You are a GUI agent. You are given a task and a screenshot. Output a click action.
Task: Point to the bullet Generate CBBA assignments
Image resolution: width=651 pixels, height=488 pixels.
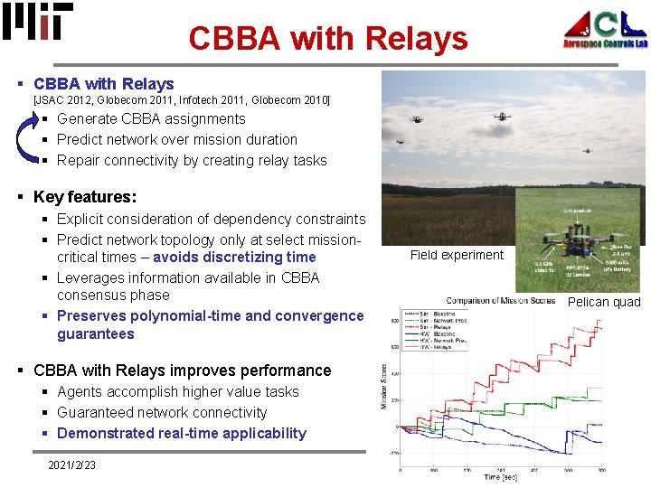(x=150, y=118)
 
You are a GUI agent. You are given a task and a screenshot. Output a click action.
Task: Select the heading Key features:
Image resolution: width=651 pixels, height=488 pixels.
(x=85, y=196)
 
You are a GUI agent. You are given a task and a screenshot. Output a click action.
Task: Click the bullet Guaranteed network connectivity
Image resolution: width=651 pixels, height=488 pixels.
(x=162, y=412)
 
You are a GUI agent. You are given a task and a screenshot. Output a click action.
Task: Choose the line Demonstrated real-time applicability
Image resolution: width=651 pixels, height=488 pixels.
(x=181, y=433)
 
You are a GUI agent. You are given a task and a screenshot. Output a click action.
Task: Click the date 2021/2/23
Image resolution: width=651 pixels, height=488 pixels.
(x=71, y=465)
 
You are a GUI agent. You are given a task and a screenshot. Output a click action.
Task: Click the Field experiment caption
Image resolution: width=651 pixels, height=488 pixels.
(x=457, y=255)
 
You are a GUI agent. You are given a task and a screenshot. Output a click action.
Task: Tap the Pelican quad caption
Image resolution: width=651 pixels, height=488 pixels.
(x=603, y=302)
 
